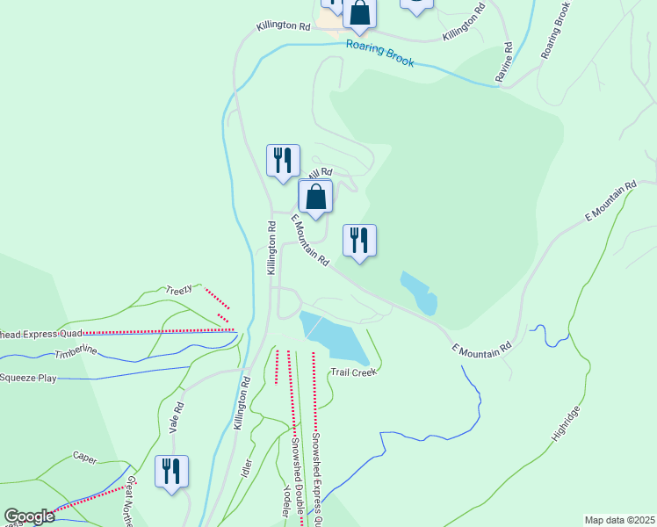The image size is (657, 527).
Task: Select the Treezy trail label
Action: (x=179, y=289)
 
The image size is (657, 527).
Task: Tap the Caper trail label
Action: (x=85, y=458)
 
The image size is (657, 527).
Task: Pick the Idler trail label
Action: (x=247, y=468)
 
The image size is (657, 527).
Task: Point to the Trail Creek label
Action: (x=353, y=372)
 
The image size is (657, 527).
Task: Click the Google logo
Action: (x=29, y=517)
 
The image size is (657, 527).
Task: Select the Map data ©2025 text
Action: (x=619, y=520)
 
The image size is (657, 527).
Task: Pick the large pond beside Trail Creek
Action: (x=333, y=338)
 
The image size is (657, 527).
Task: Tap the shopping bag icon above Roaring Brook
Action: (x=360, y=12)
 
